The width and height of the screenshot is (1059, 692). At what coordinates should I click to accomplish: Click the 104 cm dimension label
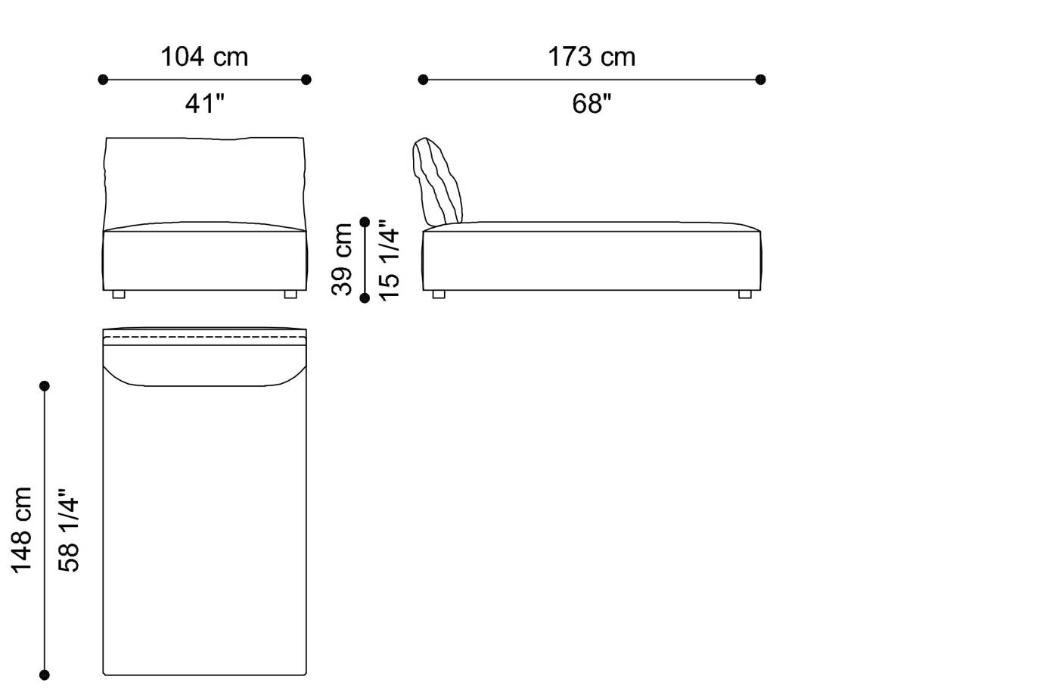204,57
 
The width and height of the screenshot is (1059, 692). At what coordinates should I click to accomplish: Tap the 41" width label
204,104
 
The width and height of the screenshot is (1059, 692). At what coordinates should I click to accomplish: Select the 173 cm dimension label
592,57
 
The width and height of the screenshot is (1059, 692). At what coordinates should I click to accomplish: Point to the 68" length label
592,104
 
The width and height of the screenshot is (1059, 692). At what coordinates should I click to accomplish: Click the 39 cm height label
342,259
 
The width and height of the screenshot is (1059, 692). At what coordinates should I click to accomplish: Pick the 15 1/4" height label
388,260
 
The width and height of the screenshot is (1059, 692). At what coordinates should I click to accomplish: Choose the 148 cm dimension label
20,530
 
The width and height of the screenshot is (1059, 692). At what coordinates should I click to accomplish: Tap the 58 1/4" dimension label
68,530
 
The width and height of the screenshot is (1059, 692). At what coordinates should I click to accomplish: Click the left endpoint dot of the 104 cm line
103,79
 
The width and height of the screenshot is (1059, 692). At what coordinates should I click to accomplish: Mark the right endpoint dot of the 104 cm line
306,79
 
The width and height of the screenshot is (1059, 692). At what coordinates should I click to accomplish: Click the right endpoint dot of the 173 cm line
761,79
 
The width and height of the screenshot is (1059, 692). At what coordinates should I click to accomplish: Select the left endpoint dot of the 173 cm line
423,79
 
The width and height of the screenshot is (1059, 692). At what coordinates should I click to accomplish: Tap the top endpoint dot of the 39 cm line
365,222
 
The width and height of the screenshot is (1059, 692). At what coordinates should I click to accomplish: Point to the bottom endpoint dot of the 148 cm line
45,675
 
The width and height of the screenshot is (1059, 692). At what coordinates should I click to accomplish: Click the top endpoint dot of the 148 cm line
45,386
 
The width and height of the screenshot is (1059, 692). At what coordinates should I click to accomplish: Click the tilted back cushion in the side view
438,182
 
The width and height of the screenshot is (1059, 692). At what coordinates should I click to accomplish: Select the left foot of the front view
119,295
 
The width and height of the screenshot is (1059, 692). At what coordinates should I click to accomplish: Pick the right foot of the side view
745,295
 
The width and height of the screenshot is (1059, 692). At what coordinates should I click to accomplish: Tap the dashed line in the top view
204,337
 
